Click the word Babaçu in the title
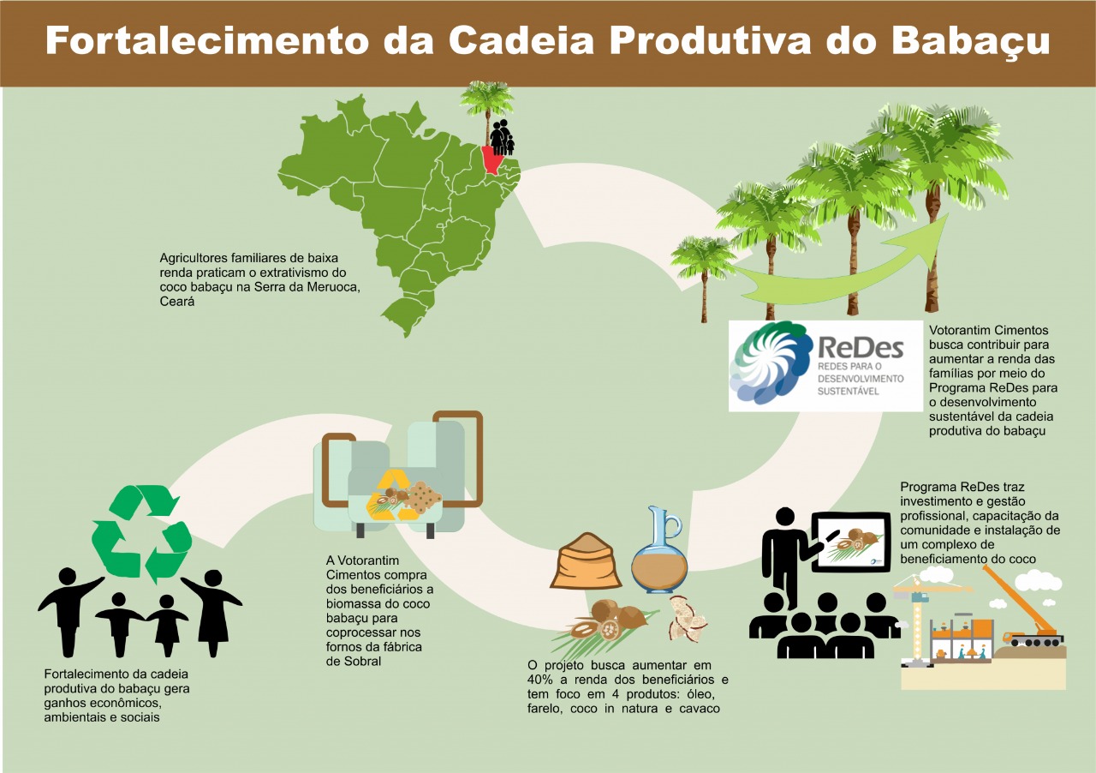[x=971, y=41]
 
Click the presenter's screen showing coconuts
[x=851, y=542]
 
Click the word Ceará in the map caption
[x=177, y=302]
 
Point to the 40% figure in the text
[x=539, y=680]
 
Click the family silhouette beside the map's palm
[x=503, y=137]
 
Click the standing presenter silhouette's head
[x=785, y=518]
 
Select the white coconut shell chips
[x=688, y=619]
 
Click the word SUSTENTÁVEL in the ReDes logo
[x=849, y=392]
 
